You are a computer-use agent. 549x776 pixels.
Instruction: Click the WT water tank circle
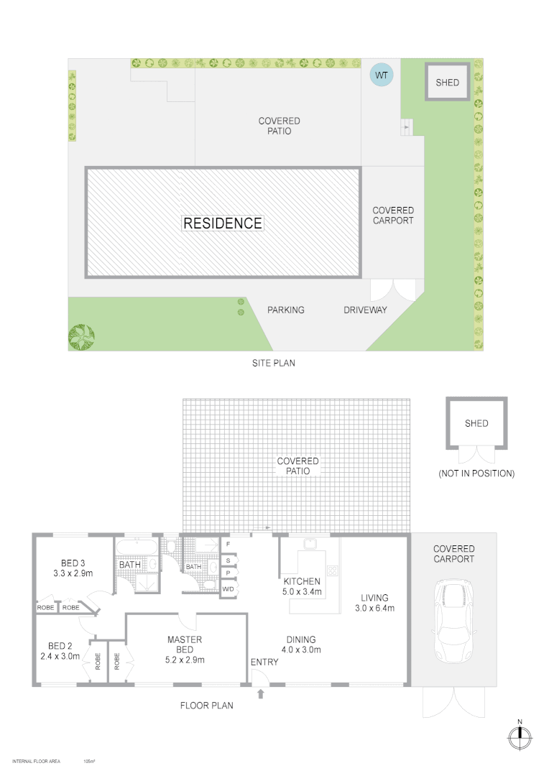tap(381, 75)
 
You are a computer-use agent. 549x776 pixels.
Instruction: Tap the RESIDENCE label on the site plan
tap(223, 223)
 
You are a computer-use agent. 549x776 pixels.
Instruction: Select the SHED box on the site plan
tap(447, 83)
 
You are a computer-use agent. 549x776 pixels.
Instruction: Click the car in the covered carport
tap(453, 622)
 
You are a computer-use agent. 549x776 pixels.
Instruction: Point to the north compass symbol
tap(519, 736)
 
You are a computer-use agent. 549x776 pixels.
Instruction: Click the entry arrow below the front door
tap(261, 693)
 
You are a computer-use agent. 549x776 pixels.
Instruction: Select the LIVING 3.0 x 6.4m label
tap(374, 603)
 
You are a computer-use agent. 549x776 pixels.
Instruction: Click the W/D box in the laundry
tap(229, 589)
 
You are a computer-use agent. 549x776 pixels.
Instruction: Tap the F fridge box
tap(228, 545)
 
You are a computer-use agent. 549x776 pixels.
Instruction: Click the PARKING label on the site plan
tap(286, 310)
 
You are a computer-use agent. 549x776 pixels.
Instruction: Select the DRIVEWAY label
tap(365, 310)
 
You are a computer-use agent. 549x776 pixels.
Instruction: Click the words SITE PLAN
tap(273, 364)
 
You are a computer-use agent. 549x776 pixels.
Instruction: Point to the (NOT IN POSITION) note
tap(476, 474)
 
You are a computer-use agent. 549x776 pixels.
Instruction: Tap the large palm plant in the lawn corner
tap(81, 335)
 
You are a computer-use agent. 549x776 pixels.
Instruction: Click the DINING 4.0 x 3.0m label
tap(300, 645)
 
